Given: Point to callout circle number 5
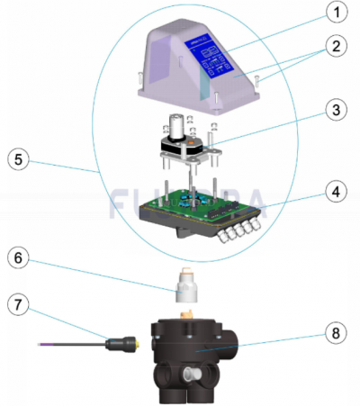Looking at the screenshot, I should point(20,163).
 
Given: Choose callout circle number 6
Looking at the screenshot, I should point(20,257).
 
